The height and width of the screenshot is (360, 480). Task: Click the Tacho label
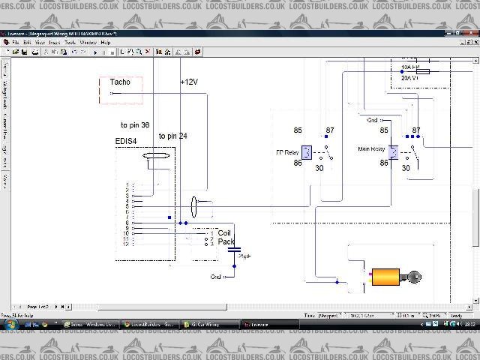point(120,82)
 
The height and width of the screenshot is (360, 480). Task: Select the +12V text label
point(189,82)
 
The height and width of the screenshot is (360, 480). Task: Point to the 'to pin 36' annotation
point(135,125)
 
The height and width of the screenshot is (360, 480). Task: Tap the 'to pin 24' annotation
point(172,136)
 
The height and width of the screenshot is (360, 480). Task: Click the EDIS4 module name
point(126,141)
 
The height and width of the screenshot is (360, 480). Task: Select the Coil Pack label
point(226,236)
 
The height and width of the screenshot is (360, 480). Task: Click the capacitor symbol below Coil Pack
point(234,250)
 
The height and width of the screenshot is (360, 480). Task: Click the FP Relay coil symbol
point(307,151)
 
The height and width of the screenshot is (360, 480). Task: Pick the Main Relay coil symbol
point(393,151)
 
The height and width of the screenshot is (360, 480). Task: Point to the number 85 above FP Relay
point(298,130)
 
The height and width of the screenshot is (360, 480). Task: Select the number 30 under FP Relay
point(319,168)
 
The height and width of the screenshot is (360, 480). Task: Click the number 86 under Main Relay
point(384,163)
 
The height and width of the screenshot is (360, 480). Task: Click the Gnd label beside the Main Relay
point(373,120)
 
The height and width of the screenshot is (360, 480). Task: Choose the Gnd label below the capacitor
point(216,276)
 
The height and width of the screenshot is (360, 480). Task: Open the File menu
point(15,43)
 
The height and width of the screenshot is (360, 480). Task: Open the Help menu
point(106,43)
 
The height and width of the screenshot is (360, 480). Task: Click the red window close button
point(471,34)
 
